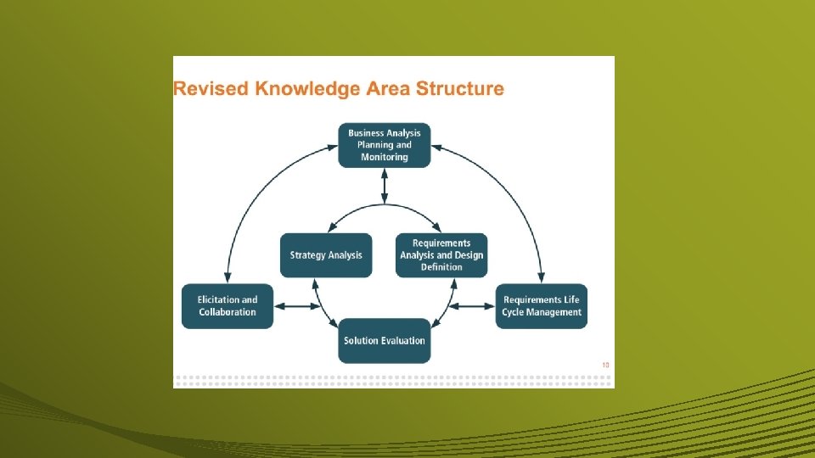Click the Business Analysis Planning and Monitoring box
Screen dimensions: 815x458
(x=385, y=145)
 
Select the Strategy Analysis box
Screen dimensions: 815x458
(x=326, y=255)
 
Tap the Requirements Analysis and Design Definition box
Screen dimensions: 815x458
(x=441, y=255)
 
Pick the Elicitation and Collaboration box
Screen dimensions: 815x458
(x=228, y=306)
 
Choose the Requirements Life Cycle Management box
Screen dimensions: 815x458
(x=542, y=306)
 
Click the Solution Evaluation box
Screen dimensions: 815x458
(x=385, y=341)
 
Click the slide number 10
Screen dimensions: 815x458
(x=605, y=366)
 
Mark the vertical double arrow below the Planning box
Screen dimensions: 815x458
(x=385, y=186)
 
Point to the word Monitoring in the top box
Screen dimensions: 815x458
(x=385, y=157)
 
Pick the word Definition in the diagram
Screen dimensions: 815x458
(x=441, y=267)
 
